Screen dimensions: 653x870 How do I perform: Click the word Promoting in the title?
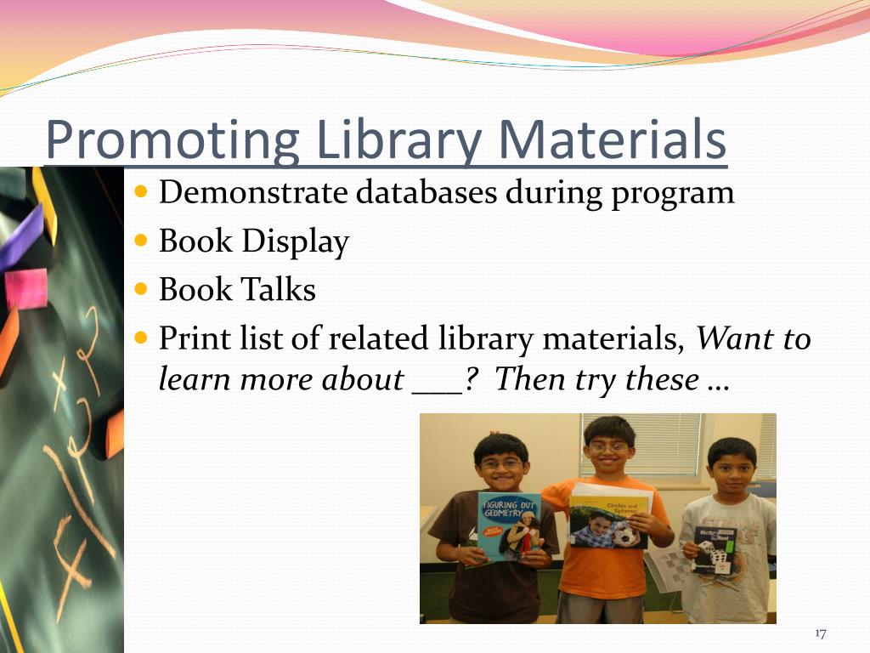171,140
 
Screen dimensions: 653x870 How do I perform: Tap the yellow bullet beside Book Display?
142,241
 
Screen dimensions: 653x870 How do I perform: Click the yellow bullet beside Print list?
142,338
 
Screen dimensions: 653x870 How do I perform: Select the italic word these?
663,379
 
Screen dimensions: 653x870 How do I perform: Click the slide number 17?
820,633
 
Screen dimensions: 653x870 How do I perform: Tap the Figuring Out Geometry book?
509,526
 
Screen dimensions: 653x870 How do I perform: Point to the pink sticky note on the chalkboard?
26,289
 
